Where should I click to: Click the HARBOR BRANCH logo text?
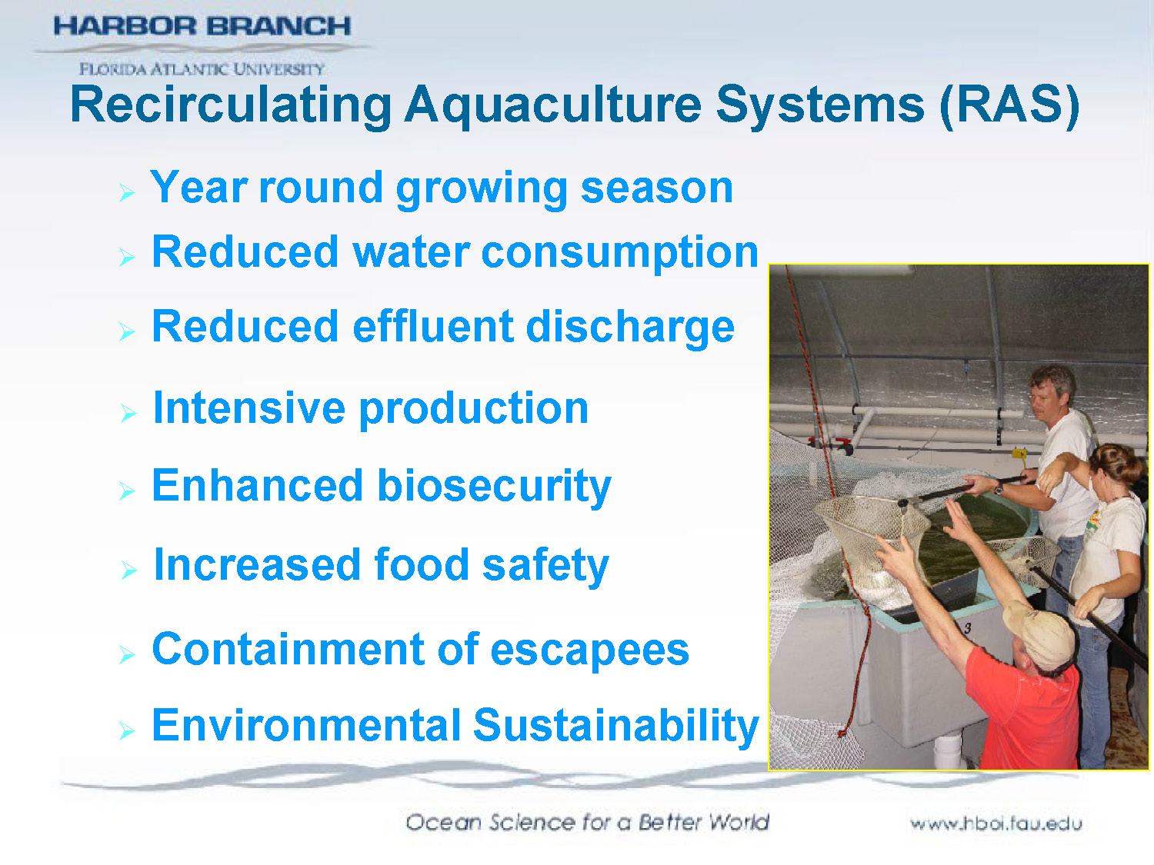[x=202, y=26]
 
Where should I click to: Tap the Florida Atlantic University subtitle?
[x=202, y=69]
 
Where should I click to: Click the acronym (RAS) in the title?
[x=1009, y=105]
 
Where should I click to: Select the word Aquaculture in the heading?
[x=552, y=105]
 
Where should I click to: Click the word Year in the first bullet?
[x=198, y=188]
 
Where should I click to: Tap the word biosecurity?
[x=494, y=487]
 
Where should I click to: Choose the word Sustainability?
[x=615, y=726]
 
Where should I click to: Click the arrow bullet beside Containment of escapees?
[x=127, y=654]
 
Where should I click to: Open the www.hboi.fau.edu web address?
[x=996, y=823]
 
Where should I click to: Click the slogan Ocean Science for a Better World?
[x=587, y=822]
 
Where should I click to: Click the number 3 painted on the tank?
[x=967, y=628]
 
